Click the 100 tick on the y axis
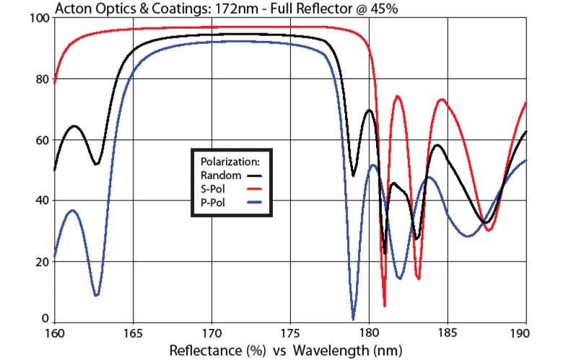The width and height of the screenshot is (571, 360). point(38,18)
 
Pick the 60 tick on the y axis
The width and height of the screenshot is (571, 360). point(41,140)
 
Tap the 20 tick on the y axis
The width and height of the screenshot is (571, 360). point(41,261)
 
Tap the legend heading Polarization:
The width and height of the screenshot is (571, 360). point(232,160)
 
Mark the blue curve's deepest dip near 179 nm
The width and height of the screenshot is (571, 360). point(353,318)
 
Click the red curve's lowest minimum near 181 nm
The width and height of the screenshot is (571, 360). point(385,305)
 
